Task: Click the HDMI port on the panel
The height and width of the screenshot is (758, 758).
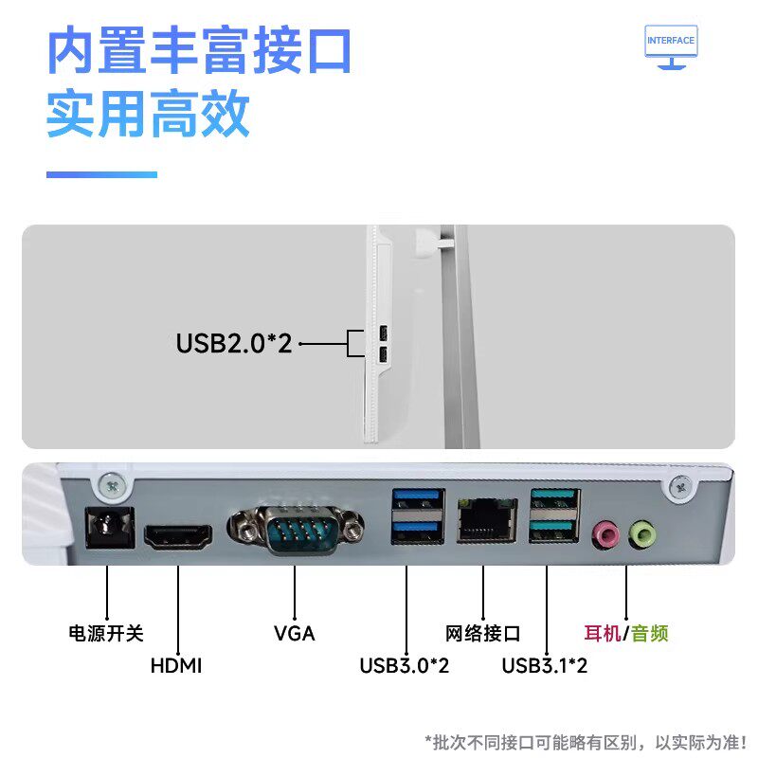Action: tap(178, 538)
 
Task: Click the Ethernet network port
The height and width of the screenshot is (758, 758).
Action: tap(483, 519)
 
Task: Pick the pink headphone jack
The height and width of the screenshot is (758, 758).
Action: tap(605, 535)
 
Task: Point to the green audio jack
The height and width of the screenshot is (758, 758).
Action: tap(642, 535)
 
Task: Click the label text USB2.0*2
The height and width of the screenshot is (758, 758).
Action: tap(234, 342)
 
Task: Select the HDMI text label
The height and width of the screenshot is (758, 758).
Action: tap(176, 665)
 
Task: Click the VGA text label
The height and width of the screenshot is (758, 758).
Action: tap(294, 633)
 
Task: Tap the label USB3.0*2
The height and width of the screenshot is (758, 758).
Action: tap(404, 665)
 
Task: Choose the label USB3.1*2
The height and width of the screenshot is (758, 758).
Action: tap(545, 665)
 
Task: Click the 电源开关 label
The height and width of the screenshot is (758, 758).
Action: tap(106, 633)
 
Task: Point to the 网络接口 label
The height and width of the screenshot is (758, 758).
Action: tap(483, 633)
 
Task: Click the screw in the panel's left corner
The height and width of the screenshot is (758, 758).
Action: tap(112, 486)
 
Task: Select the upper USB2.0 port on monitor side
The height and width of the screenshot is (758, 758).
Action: tap(381, 334)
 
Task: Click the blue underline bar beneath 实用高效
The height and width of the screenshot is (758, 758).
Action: tap(101, 174)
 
